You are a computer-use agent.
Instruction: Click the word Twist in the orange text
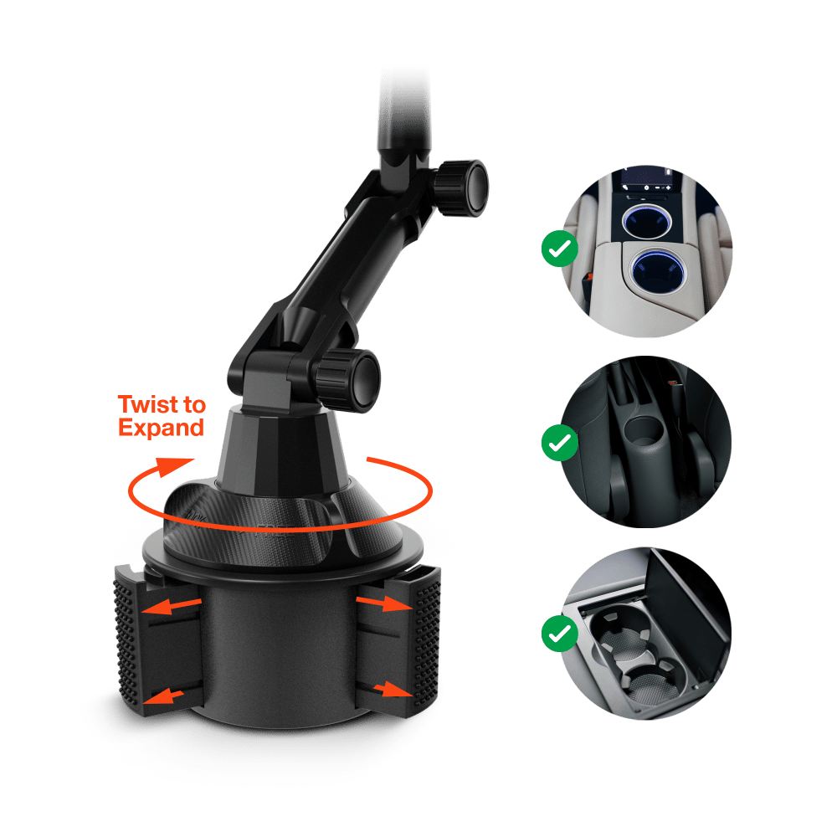pyautogui.click(x=148, y=404)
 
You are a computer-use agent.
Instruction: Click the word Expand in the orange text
pyautogui.click(x=162, y=428)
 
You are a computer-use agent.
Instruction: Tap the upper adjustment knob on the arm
pyautogui.click(x=460, y=187)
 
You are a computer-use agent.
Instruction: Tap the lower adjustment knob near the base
pyautogui.click(x=348, y=379)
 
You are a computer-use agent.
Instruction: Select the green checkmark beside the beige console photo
pyautogui.click(x=560, y=249)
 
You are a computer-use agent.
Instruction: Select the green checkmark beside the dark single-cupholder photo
pyautogui.click(x=560, y=443)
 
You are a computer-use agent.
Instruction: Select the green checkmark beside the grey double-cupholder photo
pyautogui.click(x=560, y=633)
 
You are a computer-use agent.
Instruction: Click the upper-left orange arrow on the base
pyautogui.click(x=171, y=606)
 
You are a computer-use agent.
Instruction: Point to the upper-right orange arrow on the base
pyautogui.click(x=384, y=603)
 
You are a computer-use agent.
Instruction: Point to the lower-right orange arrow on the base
pyautogui.click(x=393, y=689)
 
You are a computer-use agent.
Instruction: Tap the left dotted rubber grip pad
pyautogui.click(x=128, y=640)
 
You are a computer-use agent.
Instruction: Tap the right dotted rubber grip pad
pyautogui.click(x=427, y=640)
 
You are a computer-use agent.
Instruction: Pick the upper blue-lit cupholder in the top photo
pyautogui.click(x=646, y=220)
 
